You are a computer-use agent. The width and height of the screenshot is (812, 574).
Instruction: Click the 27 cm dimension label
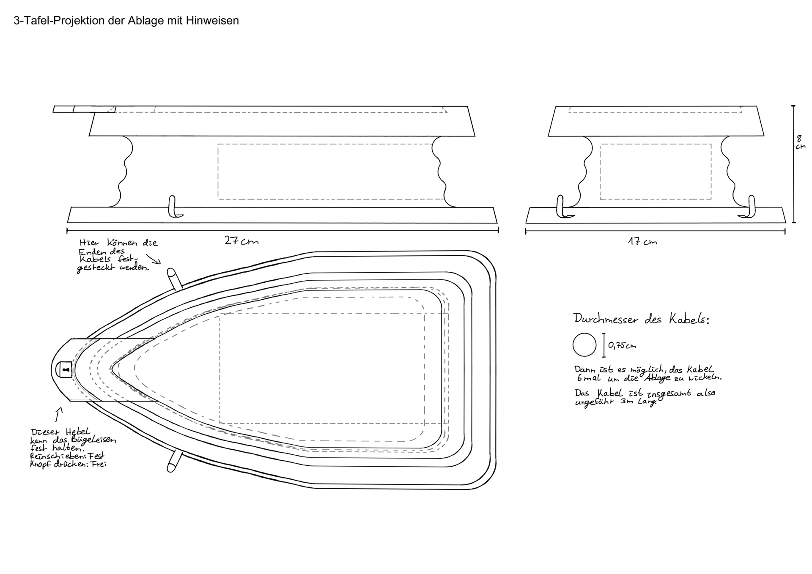click(x=241, y=241)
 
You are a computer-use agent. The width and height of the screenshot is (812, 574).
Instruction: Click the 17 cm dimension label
click(x=642, y=242)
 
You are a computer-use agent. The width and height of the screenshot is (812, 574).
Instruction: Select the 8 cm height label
click(x=800, y=142)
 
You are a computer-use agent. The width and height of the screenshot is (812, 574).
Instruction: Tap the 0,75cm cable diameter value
click(x=622, y=345)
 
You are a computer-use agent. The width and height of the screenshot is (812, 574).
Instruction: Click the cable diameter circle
click(x=584, y=344)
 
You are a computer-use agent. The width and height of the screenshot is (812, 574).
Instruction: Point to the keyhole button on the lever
click(x=65, y=370)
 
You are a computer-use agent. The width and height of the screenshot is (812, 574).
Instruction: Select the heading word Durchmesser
click(x=605, y=319)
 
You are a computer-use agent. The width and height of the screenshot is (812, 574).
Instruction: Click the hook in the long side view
click(x=173, y=207)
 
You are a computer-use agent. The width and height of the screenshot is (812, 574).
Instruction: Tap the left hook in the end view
click(x=562, y=207)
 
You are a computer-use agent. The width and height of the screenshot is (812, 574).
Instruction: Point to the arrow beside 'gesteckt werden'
click(x=153, y=259)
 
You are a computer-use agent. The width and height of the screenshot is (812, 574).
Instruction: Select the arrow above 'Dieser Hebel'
click(x=59, y=414)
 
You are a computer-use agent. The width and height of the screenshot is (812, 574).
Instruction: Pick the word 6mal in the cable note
click(x=588, y=378)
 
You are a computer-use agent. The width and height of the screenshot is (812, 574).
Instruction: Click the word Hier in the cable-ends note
click(x=89, y=243)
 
